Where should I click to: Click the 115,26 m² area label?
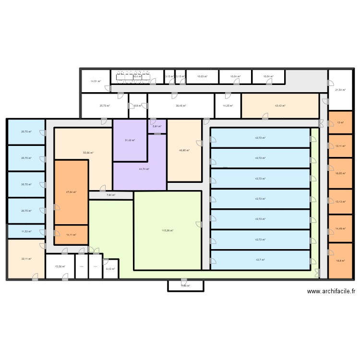[168, 230]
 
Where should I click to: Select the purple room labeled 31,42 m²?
[130, 140]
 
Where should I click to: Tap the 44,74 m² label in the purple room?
[144, 169]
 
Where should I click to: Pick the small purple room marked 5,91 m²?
[157, 127]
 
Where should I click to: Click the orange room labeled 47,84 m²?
[71, 192]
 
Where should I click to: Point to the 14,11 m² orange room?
[71, 235]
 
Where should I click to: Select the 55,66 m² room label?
[88, 153]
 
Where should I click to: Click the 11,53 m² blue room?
[26, 231]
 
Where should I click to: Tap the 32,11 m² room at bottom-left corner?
[26, 259]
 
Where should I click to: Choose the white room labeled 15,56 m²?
[60, 267]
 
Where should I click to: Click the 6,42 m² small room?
[110, 269]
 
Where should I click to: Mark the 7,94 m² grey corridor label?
[110, 195]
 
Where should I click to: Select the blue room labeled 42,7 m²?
[260, 260]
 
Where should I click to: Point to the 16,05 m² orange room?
[340, 174]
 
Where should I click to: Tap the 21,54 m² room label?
[340, 90]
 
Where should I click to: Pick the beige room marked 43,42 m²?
[280, 106]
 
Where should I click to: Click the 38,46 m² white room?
[180, 106]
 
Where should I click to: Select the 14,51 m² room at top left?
[96, 81]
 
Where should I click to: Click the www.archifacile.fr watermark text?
[331, 291]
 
